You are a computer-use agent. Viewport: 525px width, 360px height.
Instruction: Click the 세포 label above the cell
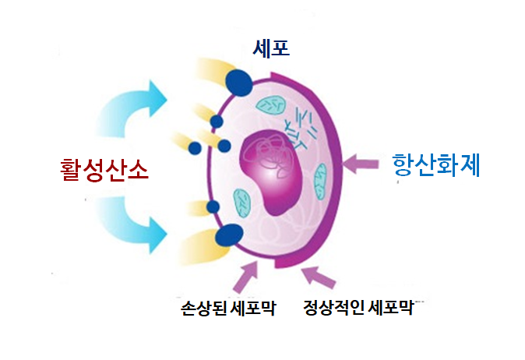point(271,48)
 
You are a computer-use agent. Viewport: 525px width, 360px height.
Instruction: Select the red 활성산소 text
point(104,170)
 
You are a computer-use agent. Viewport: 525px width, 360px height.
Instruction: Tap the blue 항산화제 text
point(436,165)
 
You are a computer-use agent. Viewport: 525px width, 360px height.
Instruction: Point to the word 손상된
point(204,308)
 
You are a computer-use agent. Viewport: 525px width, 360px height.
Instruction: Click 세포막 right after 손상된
point(253,308)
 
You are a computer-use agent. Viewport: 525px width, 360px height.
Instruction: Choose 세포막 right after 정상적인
point(390,308)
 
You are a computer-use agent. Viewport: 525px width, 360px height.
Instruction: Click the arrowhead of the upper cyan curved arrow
point(157,98)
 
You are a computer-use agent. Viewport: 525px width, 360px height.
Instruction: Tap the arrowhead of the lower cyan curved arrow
point(157,235)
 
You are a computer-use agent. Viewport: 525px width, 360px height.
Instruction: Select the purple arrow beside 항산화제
point(361,164)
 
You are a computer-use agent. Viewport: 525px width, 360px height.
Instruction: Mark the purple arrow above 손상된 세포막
point(246,277)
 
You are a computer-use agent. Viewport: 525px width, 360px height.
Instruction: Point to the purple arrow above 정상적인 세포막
point(319,277)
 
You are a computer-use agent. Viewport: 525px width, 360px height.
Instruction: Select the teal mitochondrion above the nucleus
point(270,105)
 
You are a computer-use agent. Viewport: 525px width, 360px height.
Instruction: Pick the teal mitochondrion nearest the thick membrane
point(320,182)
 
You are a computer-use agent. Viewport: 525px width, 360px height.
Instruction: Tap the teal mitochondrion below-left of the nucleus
point(242,203)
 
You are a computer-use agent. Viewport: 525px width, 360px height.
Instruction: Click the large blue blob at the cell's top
point(239,83)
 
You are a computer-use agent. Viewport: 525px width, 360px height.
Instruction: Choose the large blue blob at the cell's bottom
point(229,236)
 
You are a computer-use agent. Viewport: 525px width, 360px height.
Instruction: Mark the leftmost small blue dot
point(195,148)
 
